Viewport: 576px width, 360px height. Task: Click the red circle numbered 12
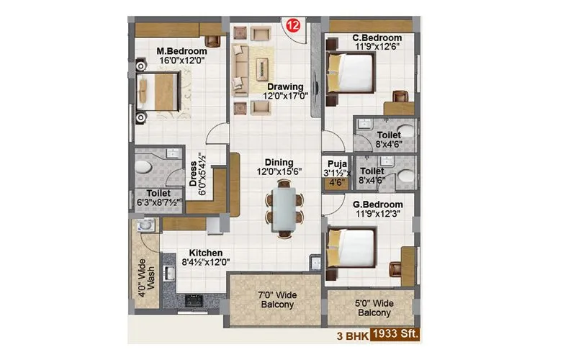pos(292,24)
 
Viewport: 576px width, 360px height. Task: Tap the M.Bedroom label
pos(182,52)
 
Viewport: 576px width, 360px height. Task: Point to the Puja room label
pos(333,163)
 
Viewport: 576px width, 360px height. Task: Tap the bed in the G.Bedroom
pos(351,246)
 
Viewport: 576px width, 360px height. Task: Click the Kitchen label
pos(201,253)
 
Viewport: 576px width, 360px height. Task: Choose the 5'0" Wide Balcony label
pos(374,307)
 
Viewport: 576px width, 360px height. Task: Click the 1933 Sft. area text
pos(393,335)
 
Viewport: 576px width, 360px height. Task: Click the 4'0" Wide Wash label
pos(146,275)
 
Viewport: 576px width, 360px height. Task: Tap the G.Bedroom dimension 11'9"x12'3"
pos(376,214)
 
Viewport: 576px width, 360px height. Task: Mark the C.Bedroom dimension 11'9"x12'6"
pos(376,45)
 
